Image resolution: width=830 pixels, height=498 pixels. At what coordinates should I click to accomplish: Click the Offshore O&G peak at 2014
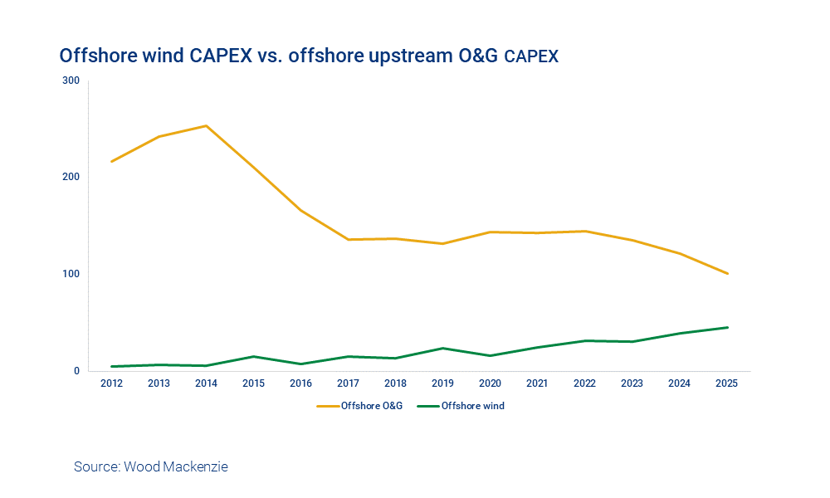(x=206, y=126)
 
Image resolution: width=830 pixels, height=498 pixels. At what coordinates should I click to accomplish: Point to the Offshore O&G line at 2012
(x=111, y=161)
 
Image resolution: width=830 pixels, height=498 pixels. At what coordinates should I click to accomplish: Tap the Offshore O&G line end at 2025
(x=728, y=273)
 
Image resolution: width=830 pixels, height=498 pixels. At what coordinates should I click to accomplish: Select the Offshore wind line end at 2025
(x=728, y=327)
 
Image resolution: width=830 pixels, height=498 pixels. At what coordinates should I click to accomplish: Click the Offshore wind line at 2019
(x=443, y=348)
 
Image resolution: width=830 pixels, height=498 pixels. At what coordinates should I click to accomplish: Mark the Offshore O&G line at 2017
(x=348, y=240)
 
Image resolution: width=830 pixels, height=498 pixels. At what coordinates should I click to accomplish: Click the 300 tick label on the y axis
(x=71, y=81)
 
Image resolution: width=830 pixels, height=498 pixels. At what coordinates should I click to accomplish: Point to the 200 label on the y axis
(x=71, y=177)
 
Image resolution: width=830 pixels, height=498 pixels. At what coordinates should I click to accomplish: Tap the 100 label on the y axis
(x=71, y=274)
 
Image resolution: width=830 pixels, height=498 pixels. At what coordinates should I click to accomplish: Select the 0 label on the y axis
(x=76, y=371)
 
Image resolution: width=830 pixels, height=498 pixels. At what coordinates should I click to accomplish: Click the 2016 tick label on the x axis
(x=300, y=383)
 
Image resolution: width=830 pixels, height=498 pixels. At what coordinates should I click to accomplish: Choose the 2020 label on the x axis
(x=491, y=383)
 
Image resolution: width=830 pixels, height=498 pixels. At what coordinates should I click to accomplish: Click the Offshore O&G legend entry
(x=371, y=406)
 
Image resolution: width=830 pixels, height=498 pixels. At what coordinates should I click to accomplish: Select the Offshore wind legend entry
(x=472, y=406)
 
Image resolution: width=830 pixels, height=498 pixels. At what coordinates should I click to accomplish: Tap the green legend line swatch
(x=427, y=406)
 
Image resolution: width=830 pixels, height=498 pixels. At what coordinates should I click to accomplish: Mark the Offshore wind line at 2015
(x=253, y=356)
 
